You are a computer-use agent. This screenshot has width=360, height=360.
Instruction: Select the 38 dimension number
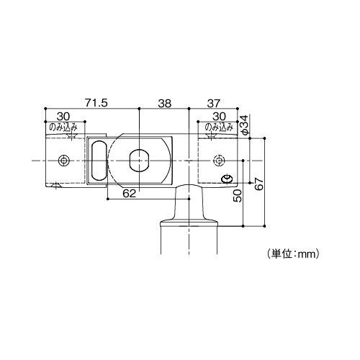pos(164,103)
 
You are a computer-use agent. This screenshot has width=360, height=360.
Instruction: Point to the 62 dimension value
pos(129,193)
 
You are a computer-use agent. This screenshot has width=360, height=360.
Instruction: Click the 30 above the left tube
pos(63,116)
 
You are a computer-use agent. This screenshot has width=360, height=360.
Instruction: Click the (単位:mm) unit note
pos(293,253)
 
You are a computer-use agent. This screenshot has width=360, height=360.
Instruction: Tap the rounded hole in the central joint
pos(138,159)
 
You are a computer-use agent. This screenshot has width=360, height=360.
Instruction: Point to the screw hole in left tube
pos(64,159)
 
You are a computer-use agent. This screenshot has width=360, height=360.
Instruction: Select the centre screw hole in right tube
pos(218,159)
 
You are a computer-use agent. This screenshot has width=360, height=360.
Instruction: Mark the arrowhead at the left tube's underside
pos(56,186)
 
